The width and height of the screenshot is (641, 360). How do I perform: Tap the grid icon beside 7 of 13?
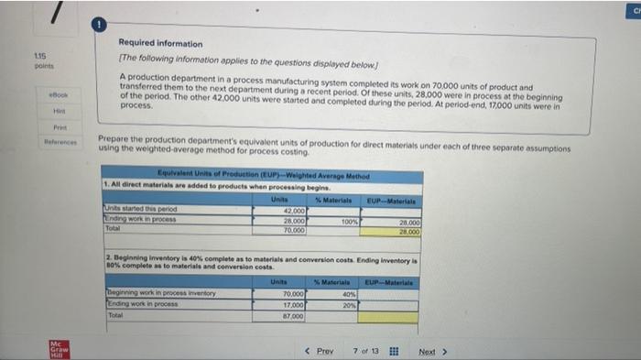393,351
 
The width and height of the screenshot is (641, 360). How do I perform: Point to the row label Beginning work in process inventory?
161,293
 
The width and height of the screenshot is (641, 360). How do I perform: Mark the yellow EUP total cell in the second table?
390,316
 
